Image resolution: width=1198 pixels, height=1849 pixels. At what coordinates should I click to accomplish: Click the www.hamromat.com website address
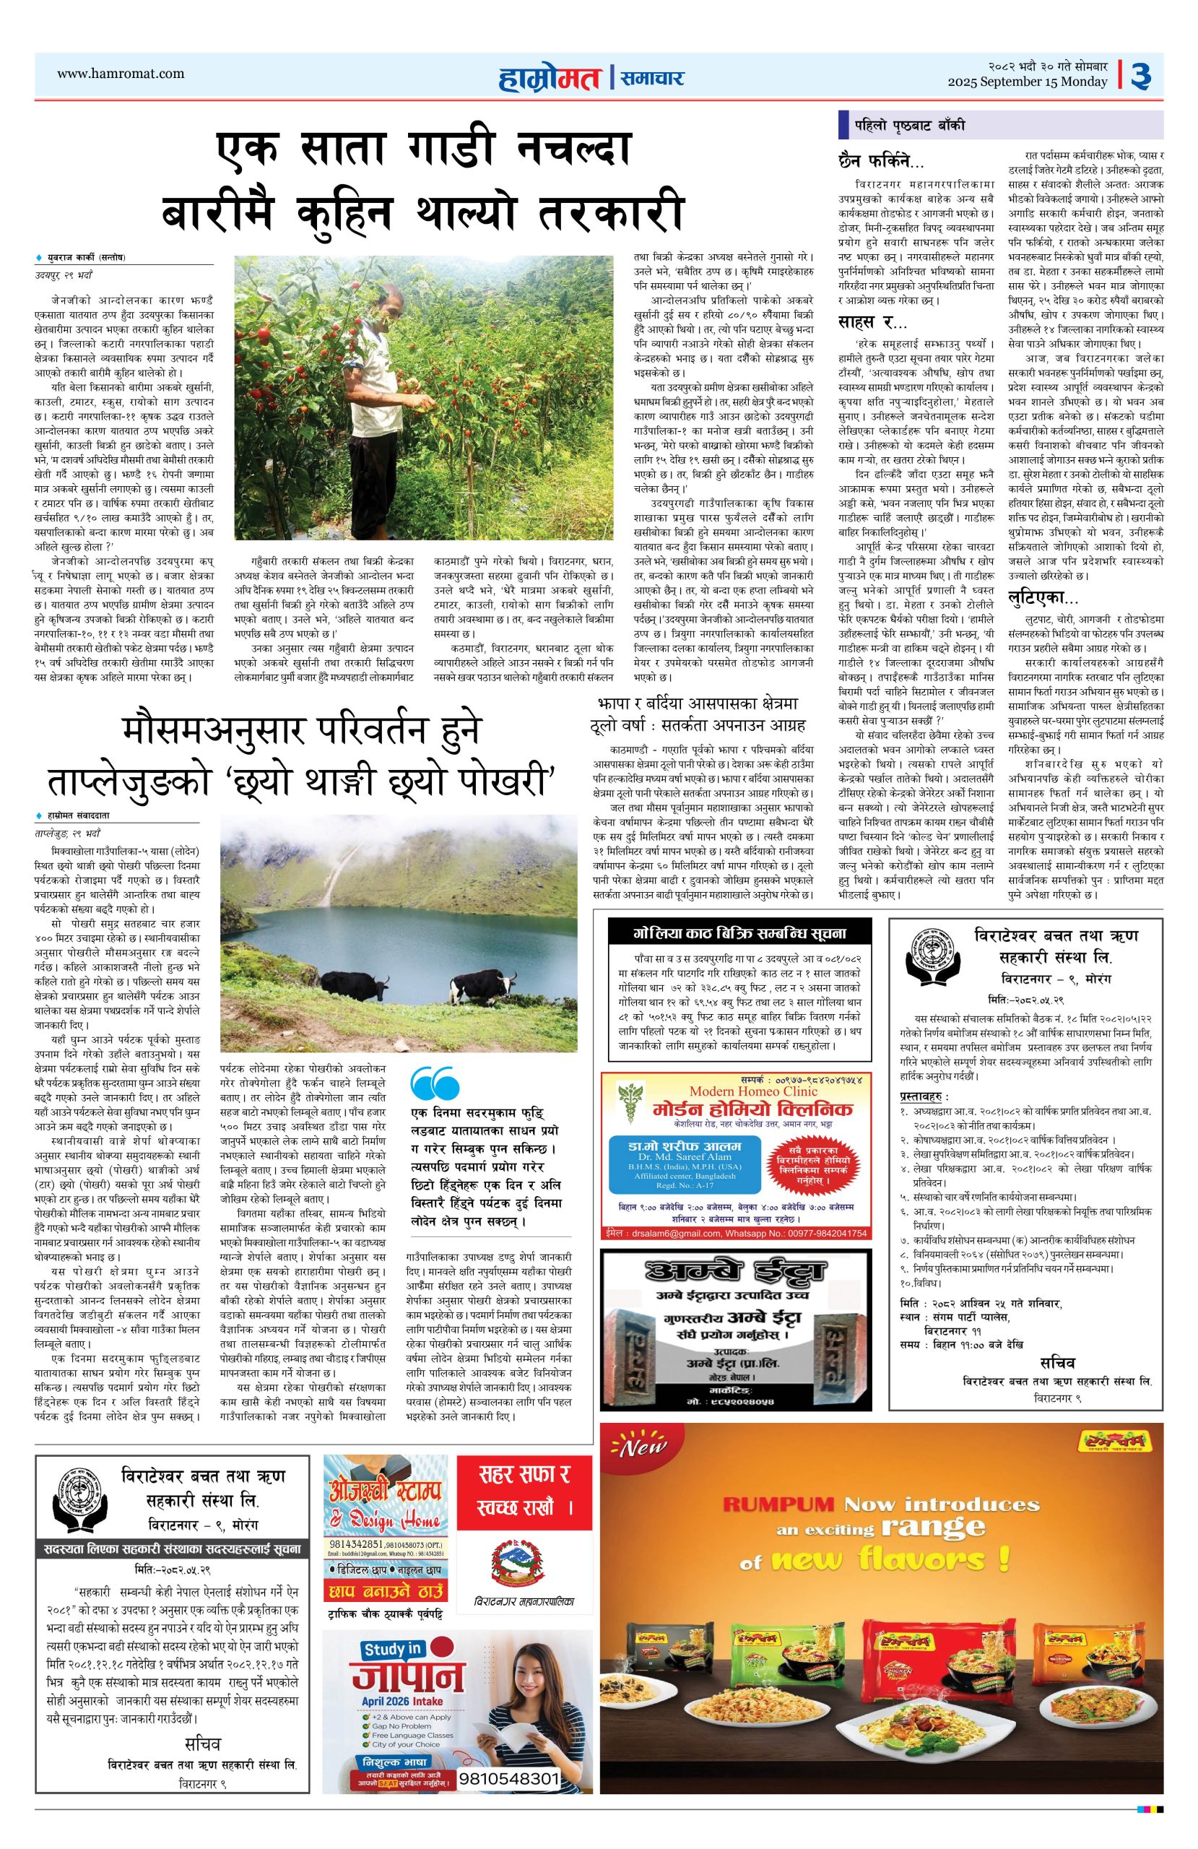point(121,74)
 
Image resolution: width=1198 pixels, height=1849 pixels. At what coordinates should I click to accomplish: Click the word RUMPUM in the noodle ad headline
point(778,1504)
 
